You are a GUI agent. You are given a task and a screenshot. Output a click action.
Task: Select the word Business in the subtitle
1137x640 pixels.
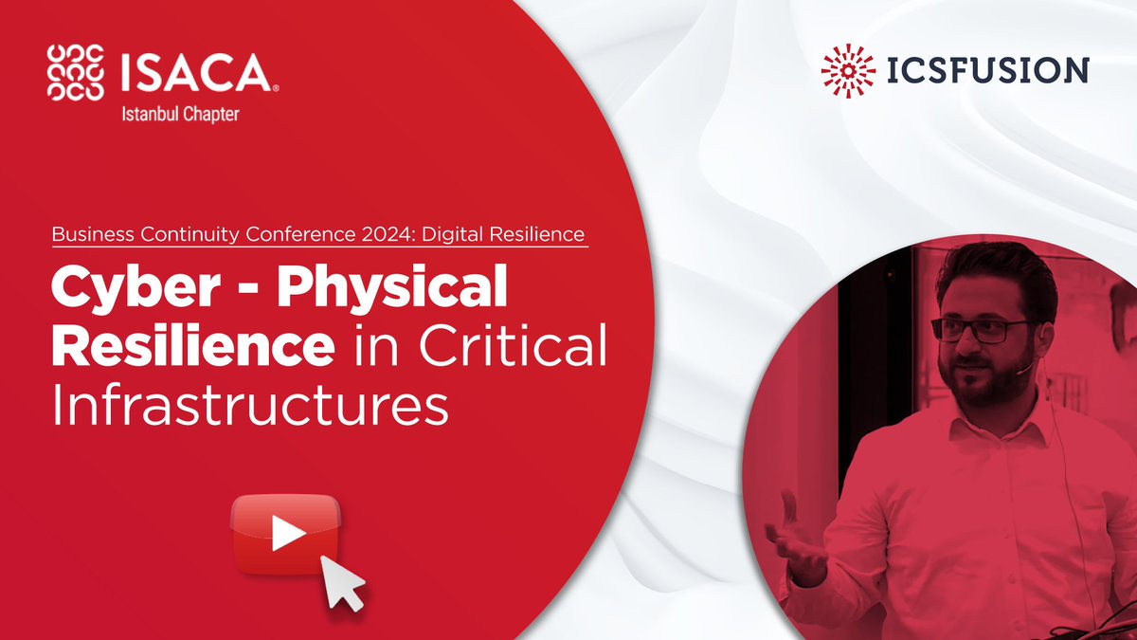point(92,233)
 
